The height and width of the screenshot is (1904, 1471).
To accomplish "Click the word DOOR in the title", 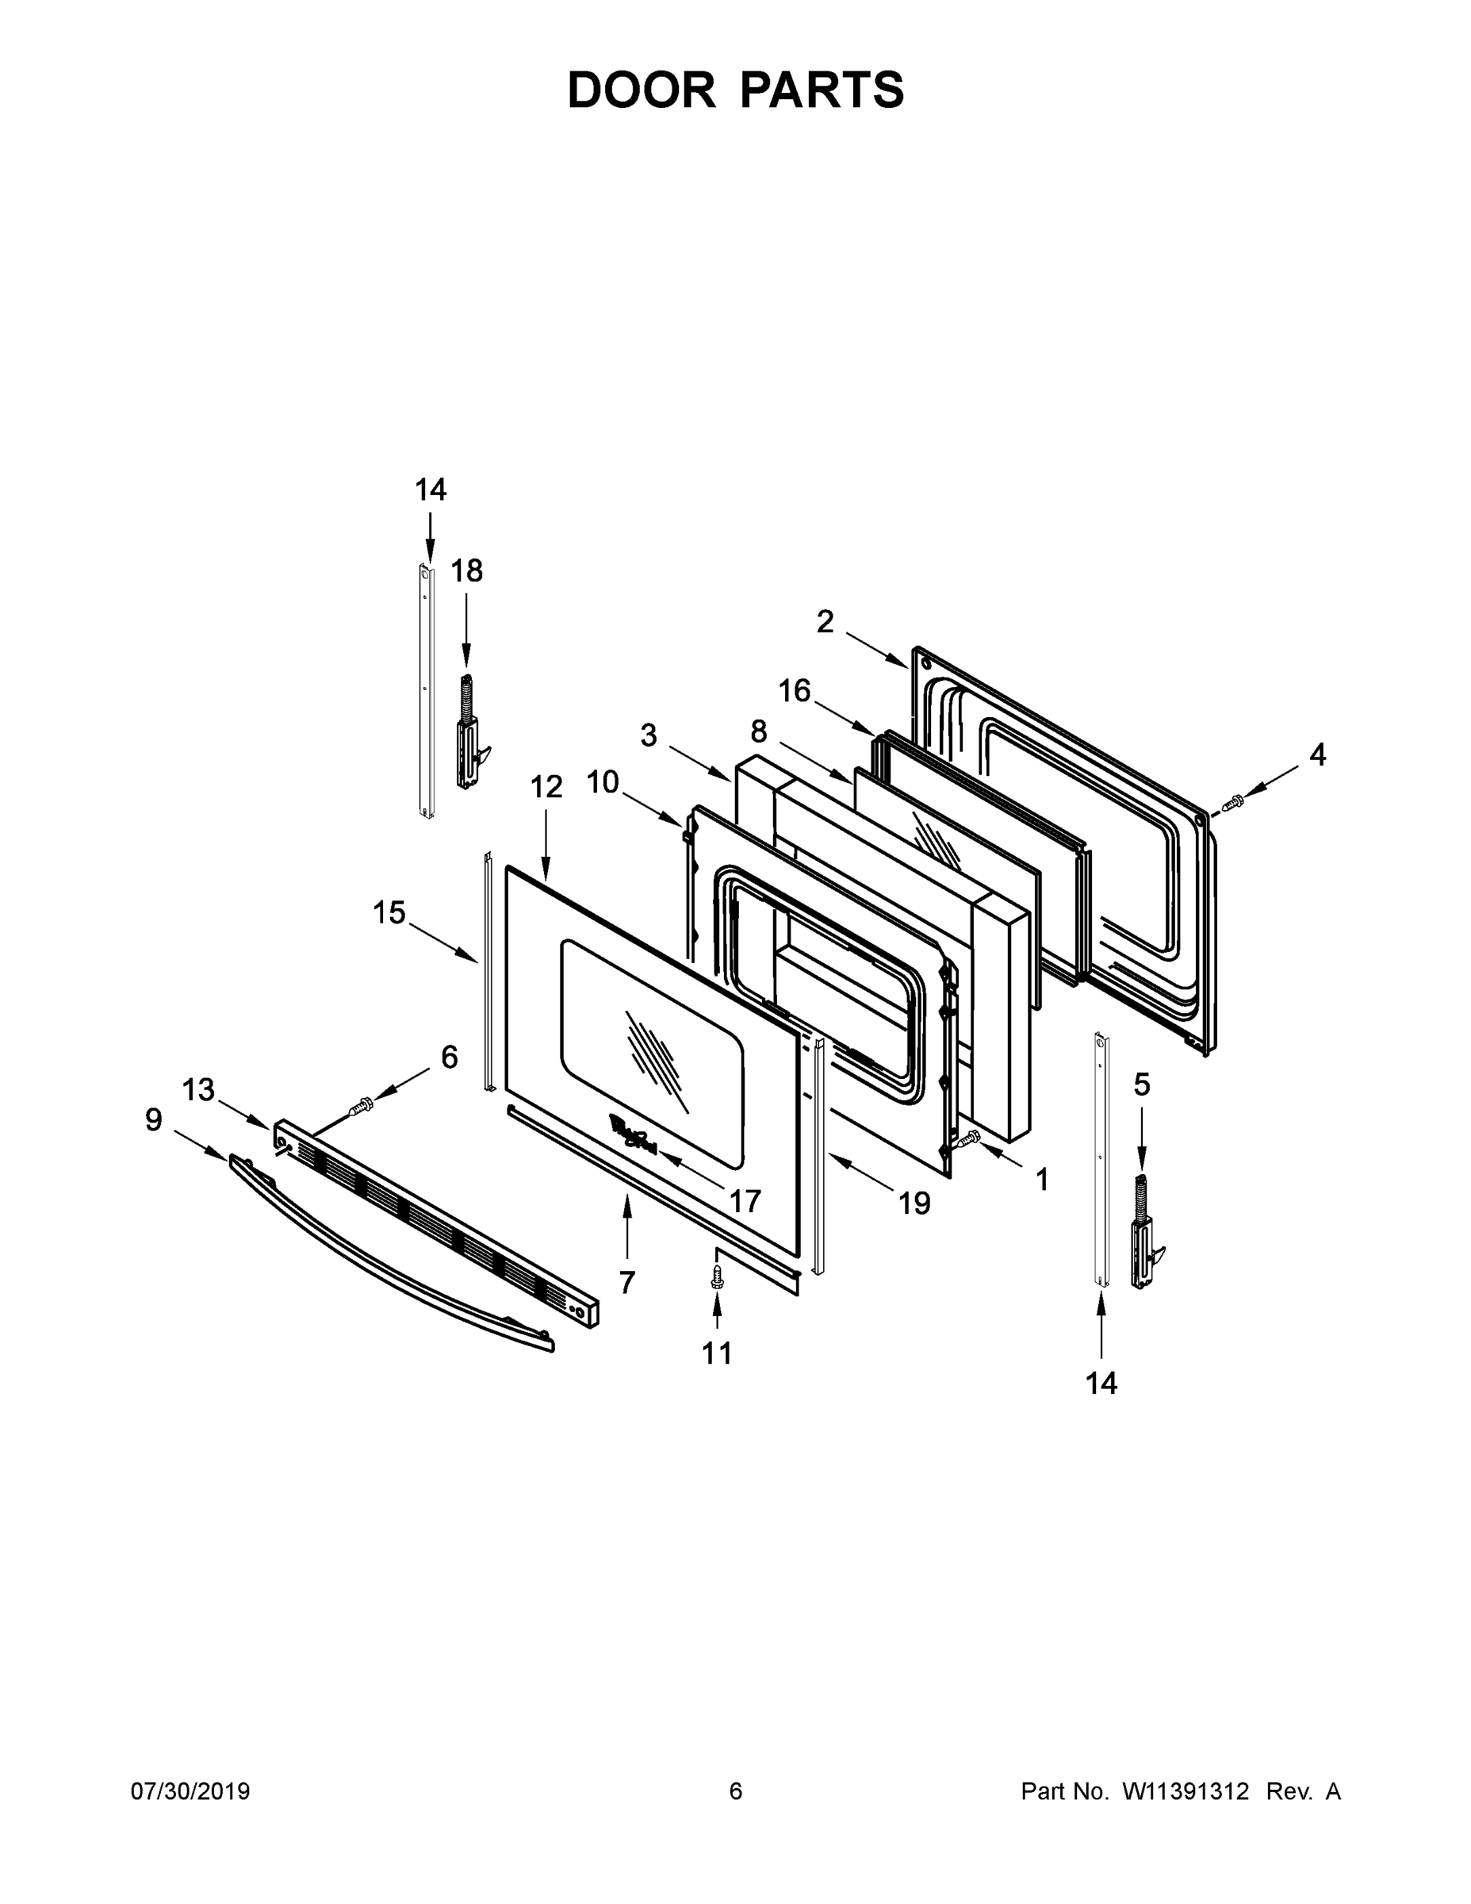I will tap(642, 90).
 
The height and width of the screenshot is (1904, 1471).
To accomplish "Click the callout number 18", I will tap(466, 572).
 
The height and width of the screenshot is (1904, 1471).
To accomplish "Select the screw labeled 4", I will tap(1233, 803).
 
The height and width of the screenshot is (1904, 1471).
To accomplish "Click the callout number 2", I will tap(825, 623).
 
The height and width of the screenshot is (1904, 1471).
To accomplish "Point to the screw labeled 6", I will tap(362, 1107).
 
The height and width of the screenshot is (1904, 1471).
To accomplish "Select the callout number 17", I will tap(745, 1201).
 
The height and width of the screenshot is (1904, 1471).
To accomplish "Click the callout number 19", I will tap(914, 1204).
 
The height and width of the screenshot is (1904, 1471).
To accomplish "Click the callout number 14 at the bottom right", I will tap(1101, 1383).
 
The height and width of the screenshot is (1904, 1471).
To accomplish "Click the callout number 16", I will tap(794, 691).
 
